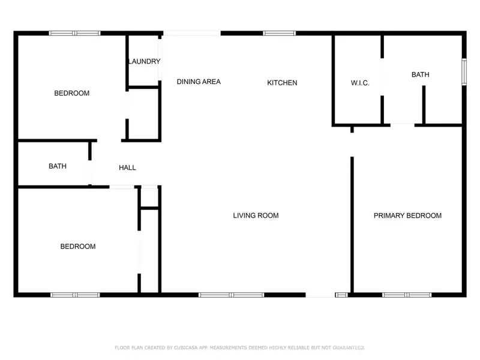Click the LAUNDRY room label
pos(144,62)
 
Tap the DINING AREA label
pos(199,82)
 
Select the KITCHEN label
pos(282,83)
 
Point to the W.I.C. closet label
pos(360,83)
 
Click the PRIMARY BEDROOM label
pos(407,215)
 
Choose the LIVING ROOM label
pos(256,215)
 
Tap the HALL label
pos(127,168)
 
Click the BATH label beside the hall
pos(58,166)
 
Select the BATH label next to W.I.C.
pos(420,75)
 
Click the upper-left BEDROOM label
pos(72,93)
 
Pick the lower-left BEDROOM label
pos(78,247)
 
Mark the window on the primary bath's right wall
pos(464,71)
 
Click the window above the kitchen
pos(280,33)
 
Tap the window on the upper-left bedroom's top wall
pos(74,33)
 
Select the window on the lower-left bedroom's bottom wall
pos(75,295)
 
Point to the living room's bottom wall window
pos(231,295)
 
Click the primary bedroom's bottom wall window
pos(406,295)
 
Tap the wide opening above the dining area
pos(192,33)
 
